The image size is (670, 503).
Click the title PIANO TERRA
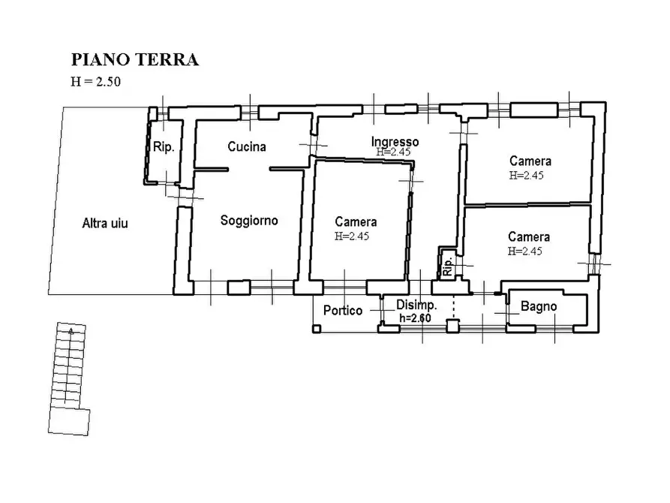[x=134, y=60]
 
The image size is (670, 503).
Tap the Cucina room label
[x=247, y=147]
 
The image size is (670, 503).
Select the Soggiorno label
[x=249, y=221]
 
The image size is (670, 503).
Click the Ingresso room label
[x=395, y=141]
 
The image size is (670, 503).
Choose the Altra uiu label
[x=104, y=223]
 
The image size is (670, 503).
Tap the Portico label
[x=343, y=310]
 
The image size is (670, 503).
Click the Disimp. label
[x=416, y=306]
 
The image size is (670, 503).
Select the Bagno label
[x=539, y=306]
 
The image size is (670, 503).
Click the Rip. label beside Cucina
[x=164, y=148]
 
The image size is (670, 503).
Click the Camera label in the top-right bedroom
[x=530, y=161]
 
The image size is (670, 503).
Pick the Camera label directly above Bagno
[x=529, y=236]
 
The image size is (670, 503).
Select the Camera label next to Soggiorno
[x=356, y=221]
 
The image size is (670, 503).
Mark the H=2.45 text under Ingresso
[x=395, y=152]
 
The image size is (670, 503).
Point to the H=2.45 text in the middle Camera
[x=353, y=236]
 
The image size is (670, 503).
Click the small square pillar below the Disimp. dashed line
[x=452, y=326]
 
